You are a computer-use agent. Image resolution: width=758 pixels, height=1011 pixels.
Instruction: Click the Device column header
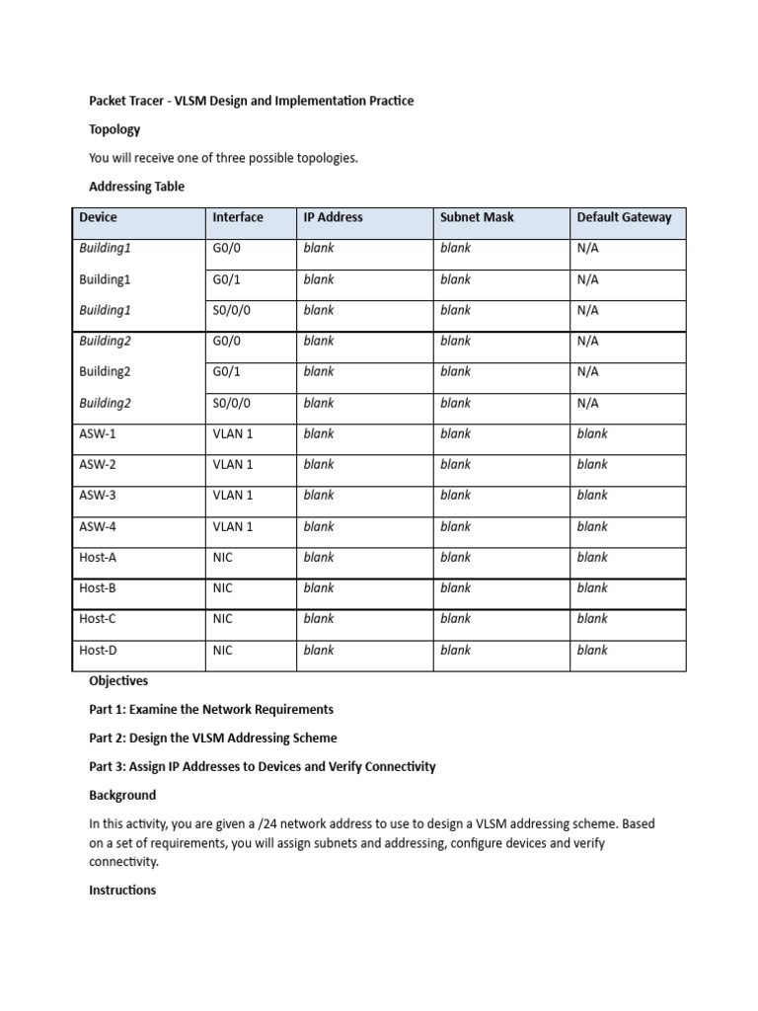(x=98, y=217)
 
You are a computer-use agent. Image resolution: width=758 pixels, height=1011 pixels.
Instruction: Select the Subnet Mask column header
(x=477, y=217)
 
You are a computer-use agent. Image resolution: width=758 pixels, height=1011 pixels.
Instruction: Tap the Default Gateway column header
(x=624, y=217)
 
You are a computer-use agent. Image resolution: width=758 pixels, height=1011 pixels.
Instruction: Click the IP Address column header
(x=333, y=217)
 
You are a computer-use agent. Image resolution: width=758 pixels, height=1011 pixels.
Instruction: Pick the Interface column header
(x=238, y=217)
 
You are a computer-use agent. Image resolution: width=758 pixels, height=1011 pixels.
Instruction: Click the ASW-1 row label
(x=97, y=433)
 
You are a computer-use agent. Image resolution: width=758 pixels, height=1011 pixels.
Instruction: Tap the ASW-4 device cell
(x=97, y=526)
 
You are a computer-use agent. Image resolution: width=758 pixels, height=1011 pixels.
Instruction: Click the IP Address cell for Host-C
(x=319, y=619)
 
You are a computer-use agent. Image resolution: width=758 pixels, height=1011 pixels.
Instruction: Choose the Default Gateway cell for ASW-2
(x=592, y=464)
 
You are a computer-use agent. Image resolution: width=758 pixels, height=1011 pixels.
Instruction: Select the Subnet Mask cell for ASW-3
(x=455, y=496)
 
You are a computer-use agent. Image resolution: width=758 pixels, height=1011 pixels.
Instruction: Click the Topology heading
(x=114, y=129)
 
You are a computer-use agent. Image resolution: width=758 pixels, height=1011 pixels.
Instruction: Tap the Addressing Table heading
(x=136, y=187)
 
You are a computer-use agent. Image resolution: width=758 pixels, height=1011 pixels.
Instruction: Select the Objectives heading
(x=118, y=680)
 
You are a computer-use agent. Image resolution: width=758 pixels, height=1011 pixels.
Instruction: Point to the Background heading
(x=122, y=795)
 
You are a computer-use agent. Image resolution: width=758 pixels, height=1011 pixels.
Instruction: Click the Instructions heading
(x=122, y=890)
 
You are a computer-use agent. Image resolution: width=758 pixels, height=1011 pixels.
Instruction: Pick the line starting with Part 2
(x=212, y=738)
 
